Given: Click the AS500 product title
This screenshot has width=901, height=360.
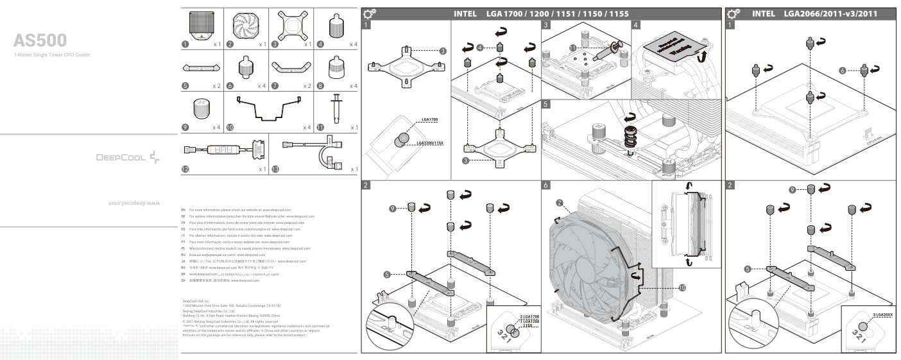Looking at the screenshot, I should click(x=40, y=41).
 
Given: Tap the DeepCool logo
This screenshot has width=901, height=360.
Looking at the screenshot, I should click(x=129, y=156).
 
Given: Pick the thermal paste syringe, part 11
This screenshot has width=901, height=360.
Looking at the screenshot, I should click(x=334, y=110).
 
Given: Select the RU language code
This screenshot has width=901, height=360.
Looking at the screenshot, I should click(x=184, y=255).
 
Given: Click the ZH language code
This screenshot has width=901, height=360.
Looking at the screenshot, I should click(x=184, y=281).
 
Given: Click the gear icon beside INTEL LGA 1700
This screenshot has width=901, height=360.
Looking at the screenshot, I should click(x=370, y=13).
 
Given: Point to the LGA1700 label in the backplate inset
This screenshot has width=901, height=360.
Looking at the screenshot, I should click(x=430, y=120).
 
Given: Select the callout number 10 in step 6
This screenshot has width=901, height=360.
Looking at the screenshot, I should click(x=682, y=288).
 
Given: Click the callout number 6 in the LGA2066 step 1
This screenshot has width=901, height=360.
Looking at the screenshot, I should click(x=842, y=70).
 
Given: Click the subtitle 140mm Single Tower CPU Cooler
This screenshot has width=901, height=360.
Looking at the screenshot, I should click(x=52, y=55).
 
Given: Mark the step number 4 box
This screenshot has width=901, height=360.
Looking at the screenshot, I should click(x=636, y=25).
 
